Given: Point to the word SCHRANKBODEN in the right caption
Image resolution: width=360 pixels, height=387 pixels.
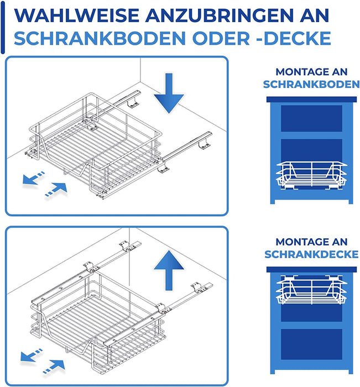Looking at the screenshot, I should click(311, 85).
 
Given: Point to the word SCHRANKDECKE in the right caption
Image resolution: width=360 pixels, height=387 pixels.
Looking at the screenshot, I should click(311, 254).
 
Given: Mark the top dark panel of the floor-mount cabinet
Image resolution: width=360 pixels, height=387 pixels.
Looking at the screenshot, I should click(311, 118).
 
